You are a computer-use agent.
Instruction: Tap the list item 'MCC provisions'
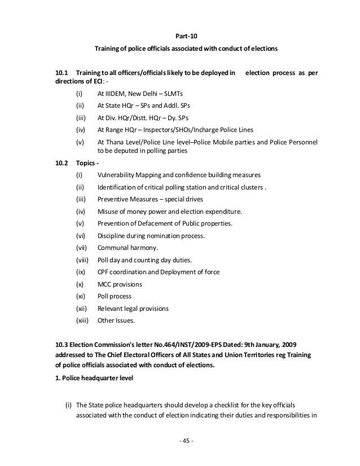click(x=120, y=284)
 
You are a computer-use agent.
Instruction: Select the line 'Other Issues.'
click(x=116, y=320)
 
